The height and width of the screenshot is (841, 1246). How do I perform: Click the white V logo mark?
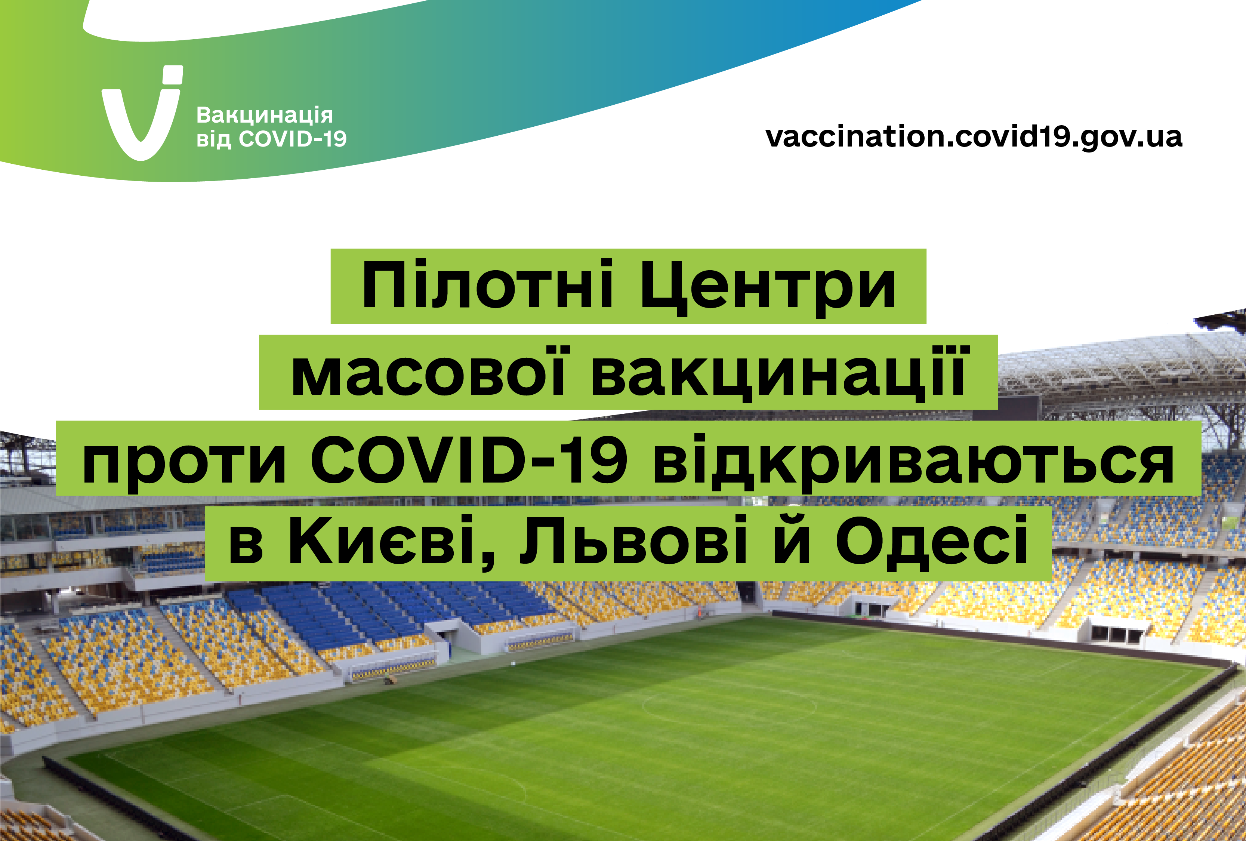[141, 121]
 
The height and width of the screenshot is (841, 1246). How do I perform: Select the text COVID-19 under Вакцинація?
[293, 139]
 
